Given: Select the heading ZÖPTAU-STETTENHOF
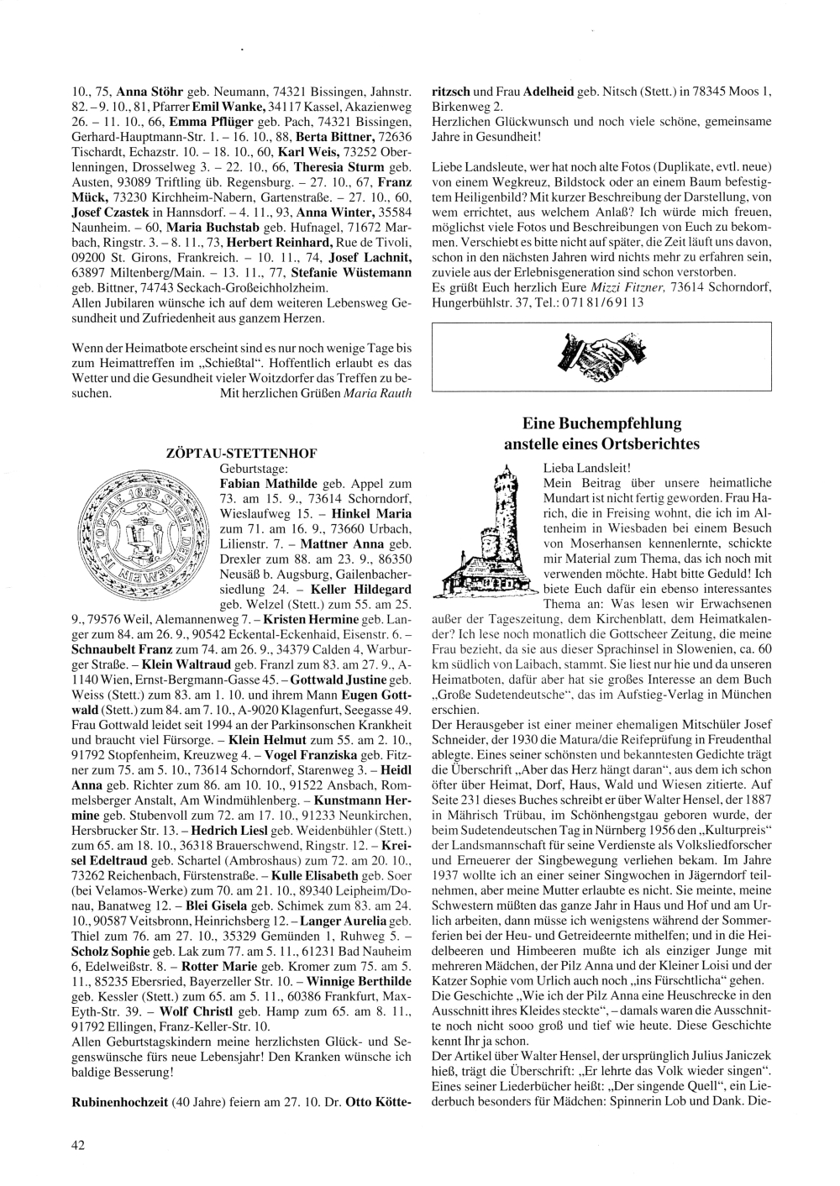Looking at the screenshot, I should pyautogui.click(x=243, y=453).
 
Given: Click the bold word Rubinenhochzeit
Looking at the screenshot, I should pyautogui.click(x=118, y=1100).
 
